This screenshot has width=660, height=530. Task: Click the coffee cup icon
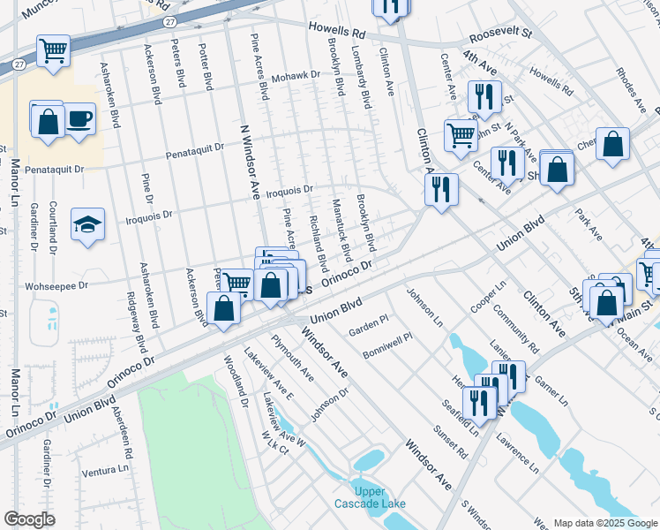(79, 119)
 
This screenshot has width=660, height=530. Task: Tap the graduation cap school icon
(88, 226)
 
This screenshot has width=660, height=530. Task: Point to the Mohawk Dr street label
(296, 77)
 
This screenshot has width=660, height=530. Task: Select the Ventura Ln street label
(100, 473)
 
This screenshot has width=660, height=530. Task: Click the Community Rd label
(516, 327)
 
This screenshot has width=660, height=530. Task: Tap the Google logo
(29, 519)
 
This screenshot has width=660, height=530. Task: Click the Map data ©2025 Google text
(605, 523)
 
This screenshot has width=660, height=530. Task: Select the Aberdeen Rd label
(121, 436)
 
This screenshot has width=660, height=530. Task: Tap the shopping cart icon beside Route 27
(54, 50)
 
